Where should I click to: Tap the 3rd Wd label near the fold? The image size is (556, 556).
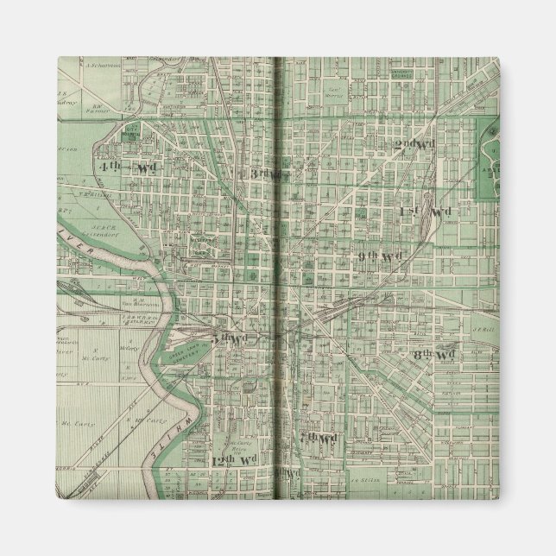pos(262,174)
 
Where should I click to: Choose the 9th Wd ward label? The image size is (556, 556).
pos(381,256)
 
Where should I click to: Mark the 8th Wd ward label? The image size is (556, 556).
pos(433,355)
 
